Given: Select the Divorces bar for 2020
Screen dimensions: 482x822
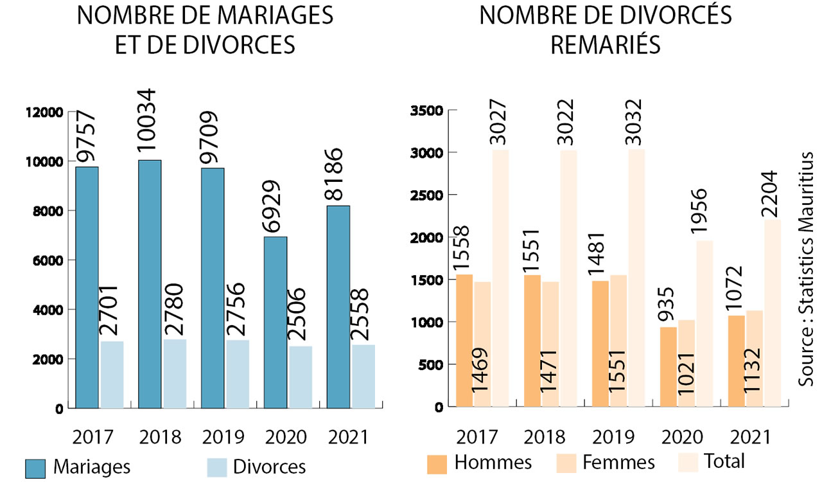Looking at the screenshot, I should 301,377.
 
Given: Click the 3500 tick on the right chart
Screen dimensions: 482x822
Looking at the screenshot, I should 426,111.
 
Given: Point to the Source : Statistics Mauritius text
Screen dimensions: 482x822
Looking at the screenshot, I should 807,269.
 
